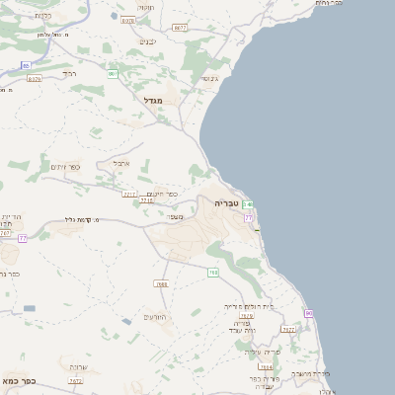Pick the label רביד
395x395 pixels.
click(x=68, y=73)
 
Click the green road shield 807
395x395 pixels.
click(x=114, y=73)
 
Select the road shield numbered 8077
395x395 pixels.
click(x=180, y=28)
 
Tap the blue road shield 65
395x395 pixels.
click(x=26, y=65)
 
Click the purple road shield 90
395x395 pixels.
click(x=308, y=313)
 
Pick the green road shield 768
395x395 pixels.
click(x=212, y=273)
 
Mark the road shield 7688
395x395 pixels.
click(x=161, y=283)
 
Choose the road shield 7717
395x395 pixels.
click(x=129, y=195)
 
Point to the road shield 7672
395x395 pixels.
click(x=75, y=380)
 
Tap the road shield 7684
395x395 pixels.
click(x=266, y=366)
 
